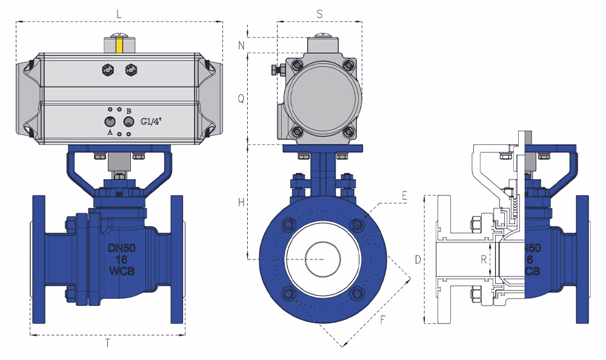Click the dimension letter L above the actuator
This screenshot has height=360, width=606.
coord(119,15)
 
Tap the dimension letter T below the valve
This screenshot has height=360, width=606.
coord(108,342)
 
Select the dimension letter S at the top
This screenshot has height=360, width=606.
coord(319,15)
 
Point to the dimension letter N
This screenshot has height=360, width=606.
coord(242,45)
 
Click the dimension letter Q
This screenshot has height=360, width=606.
coord(241,99)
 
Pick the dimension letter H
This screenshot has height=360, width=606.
coord(242,202)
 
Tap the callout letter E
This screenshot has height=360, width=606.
coord(404,196)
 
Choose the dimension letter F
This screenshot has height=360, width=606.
coord(382,320)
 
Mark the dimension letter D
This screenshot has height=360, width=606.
coord(418,259)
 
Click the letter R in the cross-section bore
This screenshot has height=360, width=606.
coord(484,260)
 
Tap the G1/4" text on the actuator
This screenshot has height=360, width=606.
coord(151,121)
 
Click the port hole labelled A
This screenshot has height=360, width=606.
coord(110,122)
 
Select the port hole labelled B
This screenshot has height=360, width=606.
coord(128,122)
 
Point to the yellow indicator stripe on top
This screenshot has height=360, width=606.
coord(120,45)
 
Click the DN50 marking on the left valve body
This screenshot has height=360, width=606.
coord(121,248)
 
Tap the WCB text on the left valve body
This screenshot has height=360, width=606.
coord(122,271)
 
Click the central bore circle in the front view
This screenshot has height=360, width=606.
coord(323,259)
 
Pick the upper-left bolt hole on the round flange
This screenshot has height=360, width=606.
coord(289,224)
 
